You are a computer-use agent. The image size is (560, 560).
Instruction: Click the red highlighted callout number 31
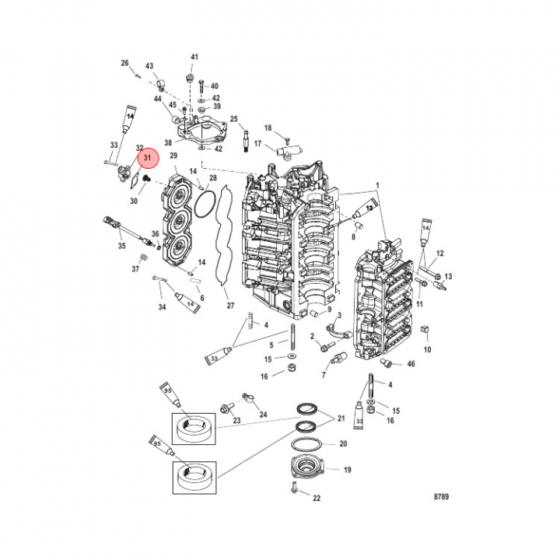point(146,159)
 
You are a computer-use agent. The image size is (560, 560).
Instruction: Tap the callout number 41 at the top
point(194,58)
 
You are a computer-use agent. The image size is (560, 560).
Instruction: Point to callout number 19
point(347,470)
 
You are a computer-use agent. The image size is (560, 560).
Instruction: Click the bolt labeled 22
point(294,488)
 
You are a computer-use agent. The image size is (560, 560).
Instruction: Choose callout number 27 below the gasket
point(229,306)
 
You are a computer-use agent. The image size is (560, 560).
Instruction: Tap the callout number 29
point(174,156)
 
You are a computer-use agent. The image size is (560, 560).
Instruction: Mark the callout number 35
point(121,246)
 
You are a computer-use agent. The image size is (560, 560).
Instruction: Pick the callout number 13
point(448,277)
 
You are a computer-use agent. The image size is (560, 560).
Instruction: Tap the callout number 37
point(135,269)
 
